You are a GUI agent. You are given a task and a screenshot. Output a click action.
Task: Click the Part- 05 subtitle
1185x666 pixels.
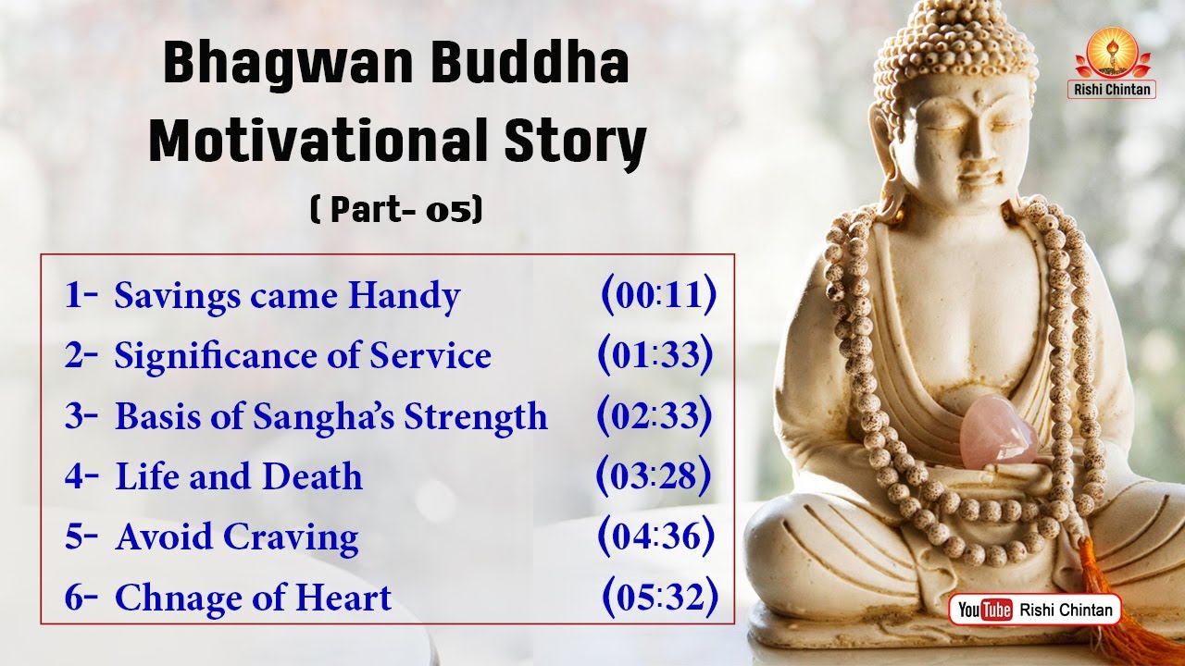(396, 210)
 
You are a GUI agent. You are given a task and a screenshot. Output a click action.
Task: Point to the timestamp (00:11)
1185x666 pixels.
(659, 294)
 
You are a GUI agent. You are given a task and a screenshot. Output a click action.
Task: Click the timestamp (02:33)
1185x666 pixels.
(655, 415)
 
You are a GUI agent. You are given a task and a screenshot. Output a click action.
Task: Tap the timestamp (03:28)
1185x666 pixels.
(654, 475)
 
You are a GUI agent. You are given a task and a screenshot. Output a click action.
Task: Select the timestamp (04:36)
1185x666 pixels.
(656, 536)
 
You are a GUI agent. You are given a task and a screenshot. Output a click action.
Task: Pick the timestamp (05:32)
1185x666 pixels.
(660, 597)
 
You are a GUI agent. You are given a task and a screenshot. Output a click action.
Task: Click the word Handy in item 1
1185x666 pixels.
(405, 297)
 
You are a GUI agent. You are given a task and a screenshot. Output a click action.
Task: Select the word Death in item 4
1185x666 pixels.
(312, 476)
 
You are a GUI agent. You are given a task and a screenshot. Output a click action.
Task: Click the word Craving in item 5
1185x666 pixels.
(291, 538)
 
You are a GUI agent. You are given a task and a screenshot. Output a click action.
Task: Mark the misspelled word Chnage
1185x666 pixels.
(179, 598)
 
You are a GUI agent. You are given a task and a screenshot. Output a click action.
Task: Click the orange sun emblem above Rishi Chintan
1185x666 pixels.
(1112, 52)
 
